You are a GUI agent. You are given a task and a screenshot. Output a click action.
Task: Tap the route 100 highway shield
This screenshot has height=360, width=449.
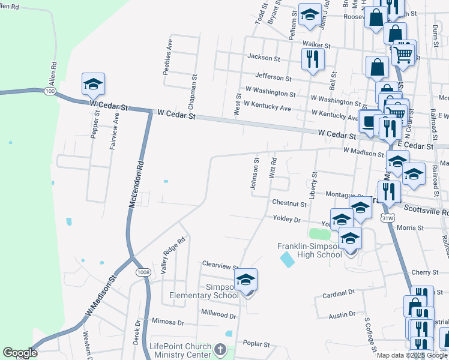pyautogui.click(x=49, y=91)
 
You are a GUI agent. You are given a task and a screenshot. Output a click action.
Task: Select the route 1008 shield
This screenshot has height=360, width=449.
pyautogui.click(x=142, y=273)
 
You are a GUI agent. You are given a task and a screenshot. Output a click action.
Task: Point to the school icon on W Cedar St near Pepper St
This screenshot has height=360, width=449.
pyautogui.click(x=93, y=85)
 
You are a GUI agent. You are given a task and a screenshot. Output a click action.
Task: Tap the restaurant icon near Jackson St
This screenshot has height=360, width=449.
pyautogui.click(x=312, y=59)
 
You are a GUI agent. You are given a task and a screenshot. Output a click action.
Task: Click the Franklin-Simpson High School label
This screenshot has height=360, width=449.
pyautogui.click(x=310, y=250)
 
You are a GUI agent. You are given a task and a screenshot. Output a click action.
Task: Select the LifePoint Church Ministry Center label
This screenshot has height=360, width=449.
pyautogui.click(x=180, y=351)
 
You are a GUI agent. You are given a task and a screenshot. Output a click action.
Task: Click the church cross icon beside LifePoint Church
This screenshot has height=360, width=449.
pyautogui.click(x=220, y=349)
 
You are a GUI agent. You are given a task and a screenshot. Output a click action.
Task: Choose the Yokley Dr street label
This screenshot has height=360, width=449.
pyautogui.click(x=286, y=220)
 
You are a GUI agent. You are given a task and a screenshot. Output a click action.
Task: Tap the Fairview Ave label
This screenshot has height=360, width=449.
pyautogui.click(x=114, y=124)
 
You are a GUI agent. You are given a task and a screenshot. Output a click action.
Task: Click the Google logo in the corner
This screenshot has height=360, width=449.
pyautogui.click(x=20, y=353)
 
